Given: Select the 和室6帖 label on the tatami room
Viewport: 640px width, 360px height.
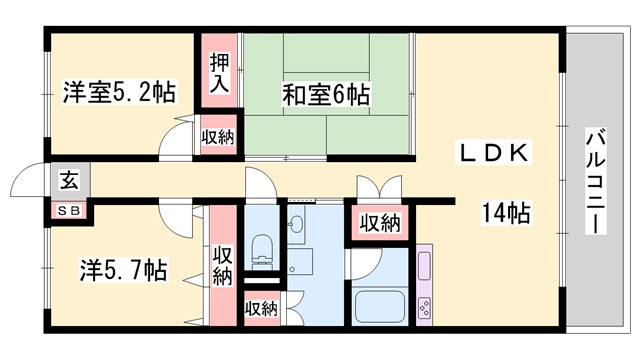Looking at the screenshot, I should [x=324, y=95].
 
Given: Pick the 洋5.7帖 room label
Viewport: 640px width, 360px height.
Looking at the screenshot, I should [x=123, y=270].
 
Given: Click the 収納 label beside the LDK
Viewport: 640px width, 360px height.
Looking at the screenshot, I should [x=380, y=223].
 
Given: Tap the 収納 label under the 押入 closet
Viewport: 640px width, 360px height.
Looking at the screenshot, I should [x=217, y=137].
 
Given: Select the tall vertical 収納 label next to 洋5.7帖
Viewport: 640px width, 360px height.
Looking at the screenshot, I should [x=222, y=264].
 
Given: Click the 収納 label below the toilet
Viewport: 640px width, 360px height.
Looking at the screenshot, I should [x=262, y=309].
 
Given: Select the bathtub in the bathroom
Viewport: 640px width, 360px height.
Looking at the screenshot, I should [x=379, y=305].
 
